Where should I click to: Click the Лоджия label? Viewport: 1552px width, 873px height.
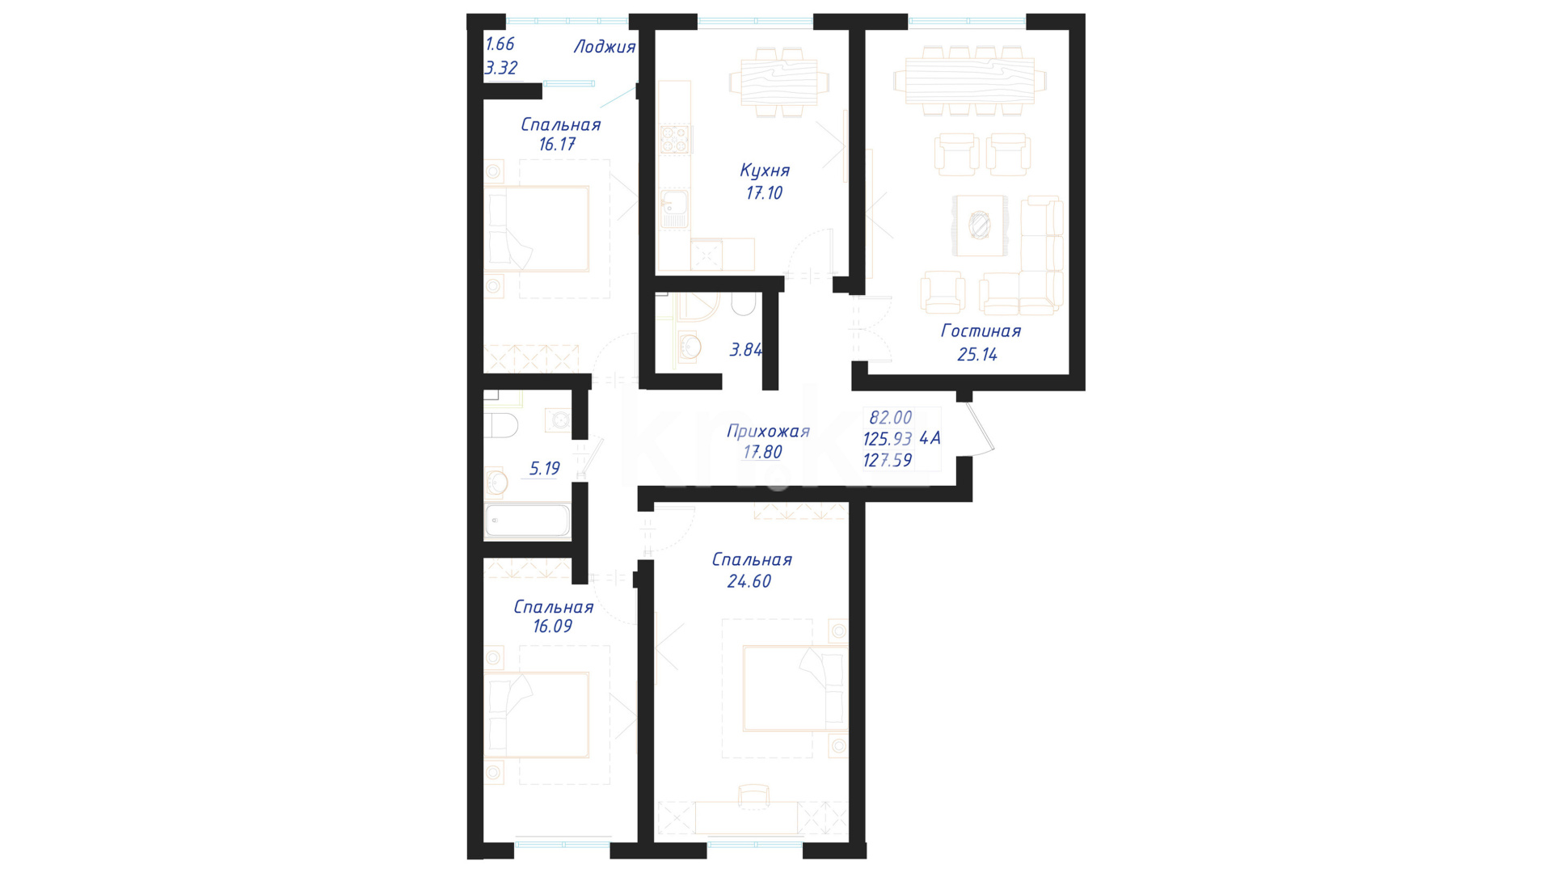point(605,47)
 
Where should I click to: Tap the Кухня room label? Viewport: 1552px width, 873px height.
point(765,171)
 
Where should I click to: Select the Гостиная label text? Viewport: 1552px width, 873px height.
point(981,331)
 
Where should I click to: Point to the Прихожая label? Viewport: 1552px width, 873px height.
point(768,431)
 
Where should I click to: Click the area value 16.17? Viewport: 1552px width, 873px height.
point(557,145)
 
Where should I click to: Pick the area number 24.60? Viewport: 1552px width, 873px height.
point(749,581)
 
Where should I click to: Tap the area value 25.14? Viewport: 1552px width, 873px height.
point(977,354)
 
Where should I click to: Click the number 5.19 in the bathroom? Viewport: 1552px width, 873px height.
point(544,468)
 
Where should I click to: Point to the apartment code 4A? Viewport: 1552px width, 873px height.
point(930,438)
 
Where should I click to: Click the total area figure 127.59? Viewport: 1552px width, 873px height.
point(888,460)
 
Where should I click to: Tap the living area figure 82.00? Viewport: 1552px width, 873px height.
point(891,417)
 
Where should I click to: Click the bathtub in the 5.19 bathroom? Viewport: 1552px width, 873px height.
point(527,521)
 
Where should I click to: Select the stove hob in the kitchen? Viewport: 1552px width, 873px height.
point(674,139)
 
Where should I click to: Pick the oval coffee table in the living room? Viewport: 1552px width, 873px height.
point(980,225)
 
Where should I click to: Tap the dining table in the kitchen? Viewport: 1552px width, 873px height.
point(779,82)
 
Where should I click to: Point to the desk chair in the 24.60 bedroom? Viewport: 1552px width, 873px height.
point(754,795)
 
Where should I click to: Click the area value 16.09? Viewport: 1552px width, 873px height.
point(553,626)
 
